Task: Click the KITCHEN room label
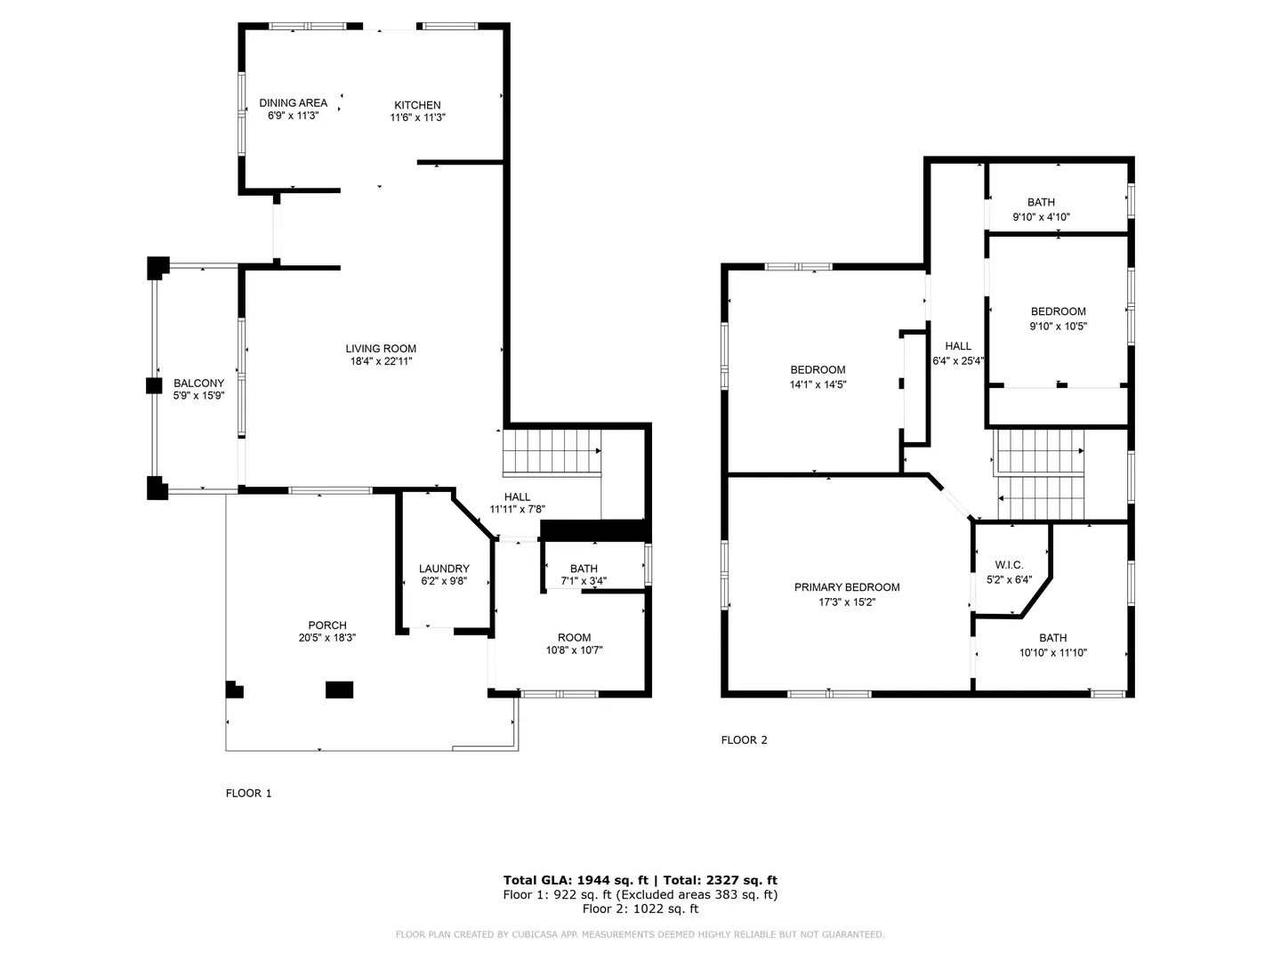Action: pyautogui.click(x=416, y=105)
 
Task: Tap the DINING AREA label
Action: pyautogui.click(x=293, y=102)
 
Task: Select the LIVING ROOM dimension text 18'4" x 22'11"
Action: pyautogui.click(x=381, y=361)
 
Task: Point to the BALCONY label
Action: pyautogui.click(x=198, y=384)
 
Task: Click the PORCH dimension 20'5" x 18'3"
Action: pyautogui.click(x=326, y=638)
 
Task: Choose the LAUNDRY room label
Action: pyautogui.click(x=444, y=569)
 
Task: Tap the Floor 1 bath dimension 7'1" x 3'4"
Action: pyautogui.click(x=583, y=581)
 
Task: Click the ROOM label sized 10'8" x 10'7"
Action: pyautogui.click(x=574, y=638)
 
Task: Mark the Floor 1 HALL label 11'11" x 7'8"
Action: pyautogui.click(x=517, y=497)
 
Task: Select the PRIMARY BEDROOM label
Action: pyautogui.click(x=846, y=587)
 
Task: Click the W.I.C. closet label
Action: pyautogui.click(x=1009, y=565)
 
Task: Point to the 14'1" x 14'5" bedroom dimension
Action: pyautogui.click(x=818, y=384)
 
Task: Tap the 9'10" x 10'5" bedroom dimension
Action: pyautogui.click(x=1058, y=327)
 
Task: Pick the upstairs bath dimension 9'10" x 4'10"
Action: pyautogui.click(x=1041, y=217)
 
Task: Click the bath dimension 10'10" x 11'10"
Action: pyautogui.click(x=1052, y=653)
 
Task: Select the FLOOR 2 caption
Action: pyautogui.click(x=744, y=740)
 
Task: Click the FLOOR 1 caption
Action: pyautogui.click(x=248, y=794)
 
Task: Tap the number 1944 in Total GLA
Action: pyautogui.click(x=593, y=881)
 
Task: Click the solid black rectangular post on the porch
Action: pyautogui.click(x=339, y=690)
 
